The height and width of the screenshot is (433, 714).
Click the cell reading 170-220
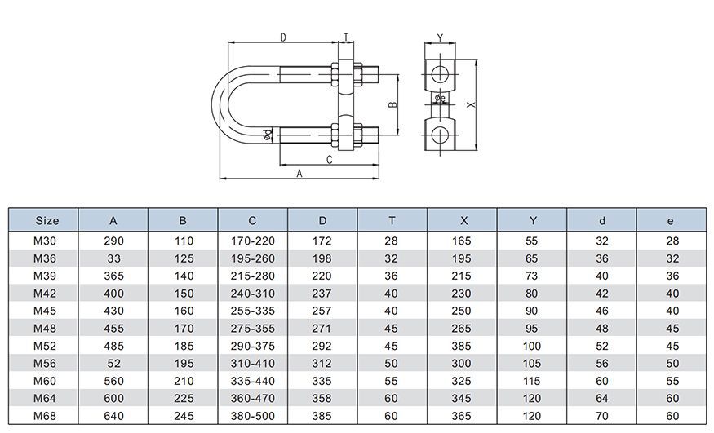click(252, 241)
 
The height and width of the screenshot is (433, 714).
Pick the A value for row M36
click(113, 258)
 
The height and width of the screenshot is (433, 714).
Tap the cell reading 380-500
click(252, 417)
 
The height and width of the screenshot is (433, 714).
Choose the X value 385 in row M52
click(462, 347)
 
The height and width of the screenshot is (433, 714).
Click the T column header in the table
click(392, 220)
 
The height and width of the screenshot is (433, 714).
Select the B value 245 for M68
click(183, 417)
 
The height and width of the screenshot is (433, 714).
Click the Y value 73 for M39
click(532, 276)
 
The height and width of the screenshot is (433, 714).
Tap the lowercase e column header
click(672, 220)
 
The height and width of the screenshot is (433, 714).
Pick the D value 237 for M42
click(322, 294)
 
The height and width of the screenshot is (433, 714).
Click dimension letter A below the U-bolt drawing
click(299, 174)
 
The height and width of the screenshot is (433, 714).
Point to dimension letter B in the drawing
click(392, 104)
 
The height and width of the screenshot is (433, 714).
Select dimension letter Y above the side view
click(440, 38)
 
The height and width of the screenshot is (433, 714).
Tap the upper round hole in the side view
click(440, 72)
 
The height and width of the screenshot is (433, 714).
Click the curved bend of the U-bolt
click(223, 104)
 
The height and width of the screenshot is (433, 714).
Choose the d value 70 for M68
click(601, 417)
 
